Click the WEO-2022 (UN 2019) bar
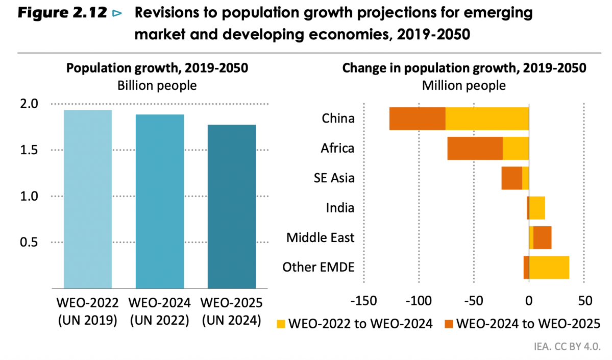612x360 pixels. pos(88,199)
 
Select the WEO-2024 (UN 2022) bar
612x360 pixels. pos(160,201)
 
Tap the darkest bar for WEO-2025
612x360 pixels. pos(232,206)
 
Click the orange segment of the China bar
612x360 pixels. pos(418,118)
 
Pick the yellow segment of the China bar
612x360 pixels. pos(487,118)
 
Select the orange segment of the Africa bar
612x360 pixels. pos(475,149)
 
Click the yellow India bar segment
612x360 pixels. pos(537,208)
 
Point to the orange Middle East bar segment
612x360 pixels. pos(543,237)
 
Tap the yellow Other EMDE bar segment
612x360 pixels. pos(549,267)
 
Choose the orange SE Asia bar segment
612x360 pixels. pos(511,178)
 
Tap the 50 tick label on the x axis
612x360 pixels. pos(585,300)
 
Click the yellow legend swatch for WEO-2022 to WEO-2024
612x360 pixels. pos(281,323)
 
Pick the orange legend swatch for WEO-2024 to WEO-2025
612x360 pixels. pos(449,323)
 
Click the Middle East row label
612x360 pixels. pos(320,237)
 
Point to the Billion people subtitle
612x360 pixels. pos(157,85)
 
